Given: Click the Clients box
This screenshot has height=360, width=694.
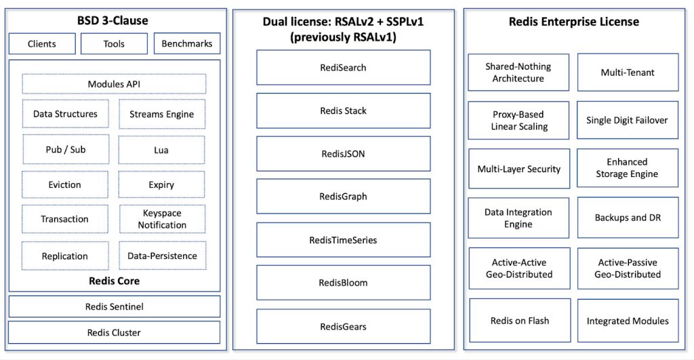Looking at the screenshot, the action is tap(42, 44).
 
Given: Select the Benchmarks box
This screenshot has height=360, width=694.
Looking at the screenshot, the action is tap(187, 43).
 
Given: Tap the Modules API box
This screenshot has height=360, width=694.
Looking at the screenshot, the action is tap(114, 84).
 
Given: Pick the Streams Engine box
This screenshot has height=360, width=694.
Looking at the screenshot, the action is tap(162, 115).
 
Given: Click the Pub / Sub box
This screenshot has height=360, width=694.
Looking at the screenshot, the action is tap(66, 150).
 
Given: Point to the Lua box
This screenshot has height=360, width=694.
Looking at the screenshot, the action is tap(161, 150).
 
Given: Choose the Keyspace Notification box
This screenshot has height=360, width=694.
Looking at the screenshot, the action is tap(162, 219).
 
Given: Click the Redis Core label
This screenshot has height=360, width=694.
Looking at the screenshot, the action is tap(114, 281).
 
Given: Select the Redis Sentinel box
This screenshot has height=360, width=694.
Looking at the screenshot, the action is tap(114, 306).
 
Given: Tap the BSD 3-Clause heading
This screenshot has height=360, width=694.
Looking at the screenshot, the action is tap(113, 20).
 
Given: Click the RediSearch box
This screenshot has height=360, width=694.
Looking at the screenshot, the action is tap(344, 67).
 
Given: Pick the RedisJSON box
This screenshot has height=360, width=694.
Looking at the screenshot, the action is tap(344, 154).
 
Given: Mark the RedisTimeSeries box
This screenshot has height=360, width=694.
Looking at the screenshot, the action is tap(344, 240).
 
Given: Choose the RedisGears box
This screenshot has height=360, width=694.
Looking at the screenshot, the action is tap(344, 326).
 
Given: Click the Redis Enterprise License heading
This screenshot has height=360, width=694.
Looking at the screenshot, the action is tap(573, 22).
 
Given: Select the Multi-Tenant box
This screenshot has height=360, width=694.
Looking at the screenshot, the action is tap(628, 72).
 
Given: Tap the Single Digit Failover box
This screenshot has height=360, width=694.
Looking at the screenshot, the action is tap(627, 120).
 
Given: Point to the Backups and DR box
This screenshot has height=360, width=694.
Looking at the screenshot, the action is tap(628, 218).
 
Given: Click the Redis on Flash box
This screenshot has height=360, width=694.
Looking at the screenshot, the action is tap(520, 321).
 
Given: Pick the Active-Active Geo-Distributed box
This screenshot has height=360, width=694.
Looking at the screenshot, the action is tap(519, 268).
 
